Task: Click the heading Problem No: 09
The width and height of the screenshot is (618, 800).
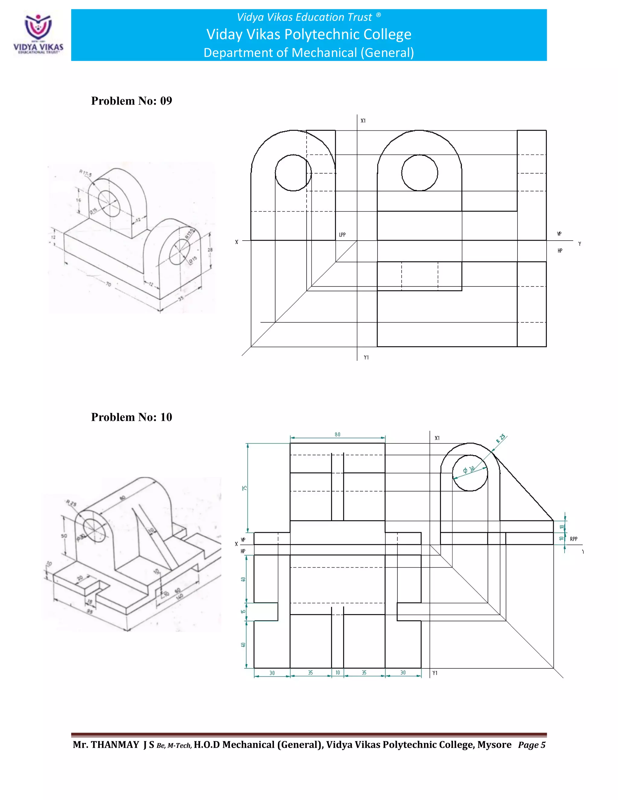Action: (132, 101)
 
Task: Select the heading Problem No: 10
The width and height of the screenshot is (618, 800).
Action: (132, 417)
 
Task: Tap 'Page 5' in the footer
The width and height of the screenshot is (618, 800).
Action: (532, 745)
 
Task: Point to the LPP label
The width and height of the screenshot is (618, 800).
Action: (342, 235)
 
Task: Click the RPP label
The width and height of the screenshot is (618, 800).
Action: (573, 539)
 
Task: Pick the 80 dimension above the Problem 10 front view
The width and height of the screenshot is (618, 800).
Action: (337, 434)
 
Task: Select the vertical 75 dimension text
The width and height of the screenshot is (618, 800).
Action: (244, 488)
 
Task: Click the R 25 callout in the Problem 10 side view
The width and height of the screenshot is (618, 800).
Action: (501, 438)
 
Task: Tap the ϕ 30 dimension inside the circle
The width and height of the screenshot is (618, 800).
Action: (469, 470)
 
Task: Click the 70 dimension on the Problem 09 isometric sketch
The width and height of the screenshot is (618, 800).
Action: (108, 284)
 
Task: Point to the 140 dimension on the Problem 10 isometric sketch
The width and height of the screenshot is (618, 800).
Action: (180, 597)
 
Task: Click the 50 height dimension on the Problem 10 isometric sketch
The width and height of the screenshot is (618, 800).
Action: (64, 536)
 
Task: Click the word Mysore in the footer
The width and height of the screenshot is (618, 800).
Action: (494, 745)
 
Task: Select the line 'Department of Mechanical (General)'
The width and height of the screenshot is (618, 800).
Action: (309, 53)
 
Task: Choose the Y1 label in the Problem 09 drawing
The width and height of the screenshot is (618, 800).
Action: (366, 357)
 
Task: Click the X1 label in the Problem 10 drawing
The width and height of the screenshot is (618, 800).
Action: (437, 438)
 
